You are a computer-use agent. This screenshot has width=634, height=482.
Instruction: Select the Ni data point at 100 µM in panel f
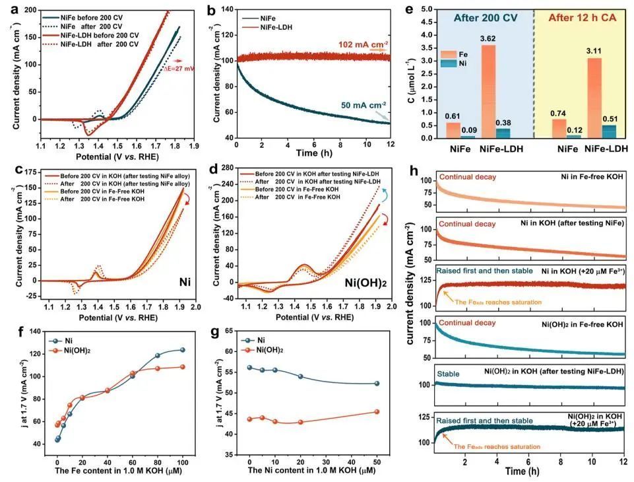point(182,350)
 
